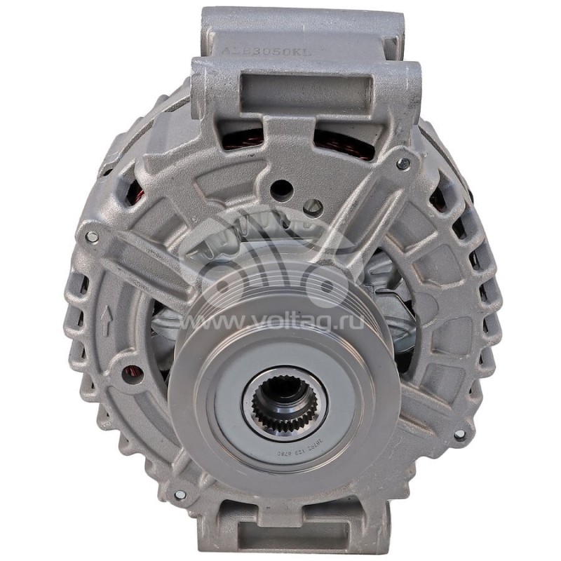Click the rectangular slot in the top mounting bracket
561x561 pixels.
pos(306,90)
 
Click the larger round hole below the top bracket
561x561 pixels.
pos(281,188)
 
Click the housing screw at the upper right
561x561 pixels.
pos(403,163)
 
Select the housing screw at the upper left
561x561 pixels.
pos(92,237)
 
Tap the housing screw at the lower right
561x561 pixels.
pos(459,435)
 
